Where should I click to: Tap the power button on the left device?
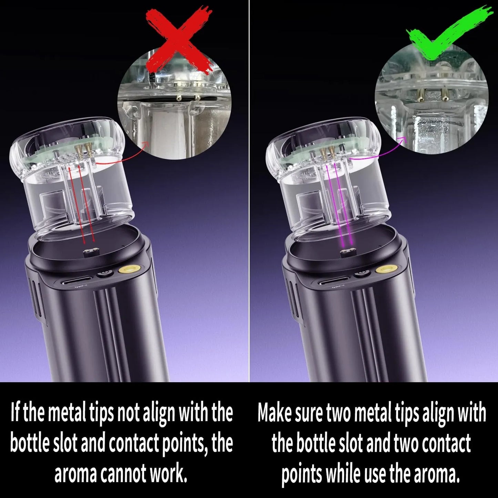104,274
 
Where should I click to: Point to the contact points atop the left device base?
89,253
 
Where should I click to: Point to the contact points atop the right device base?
346,253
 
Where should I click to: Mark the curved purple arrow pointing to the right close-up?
379,152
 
